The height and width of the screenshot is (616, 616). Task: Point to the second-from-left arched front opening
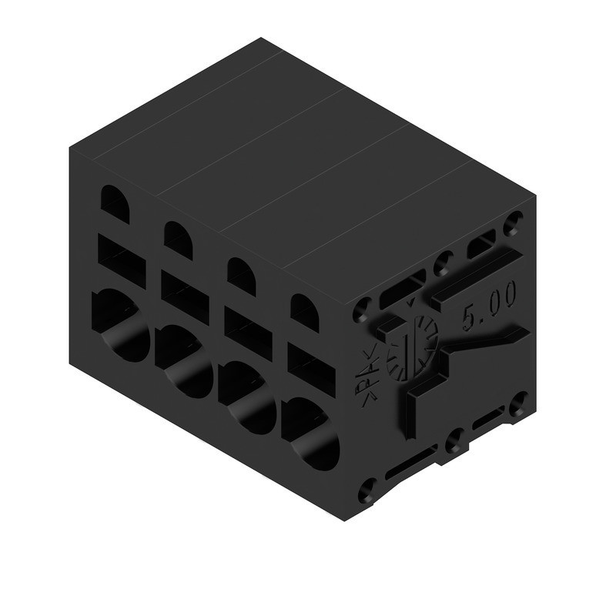tap(179, 236)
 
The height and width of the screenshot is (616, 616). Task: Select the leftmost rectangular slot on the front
tap(120, 259)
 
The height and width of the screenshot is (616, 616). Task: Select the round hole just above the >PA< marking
tap(360, 315)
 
